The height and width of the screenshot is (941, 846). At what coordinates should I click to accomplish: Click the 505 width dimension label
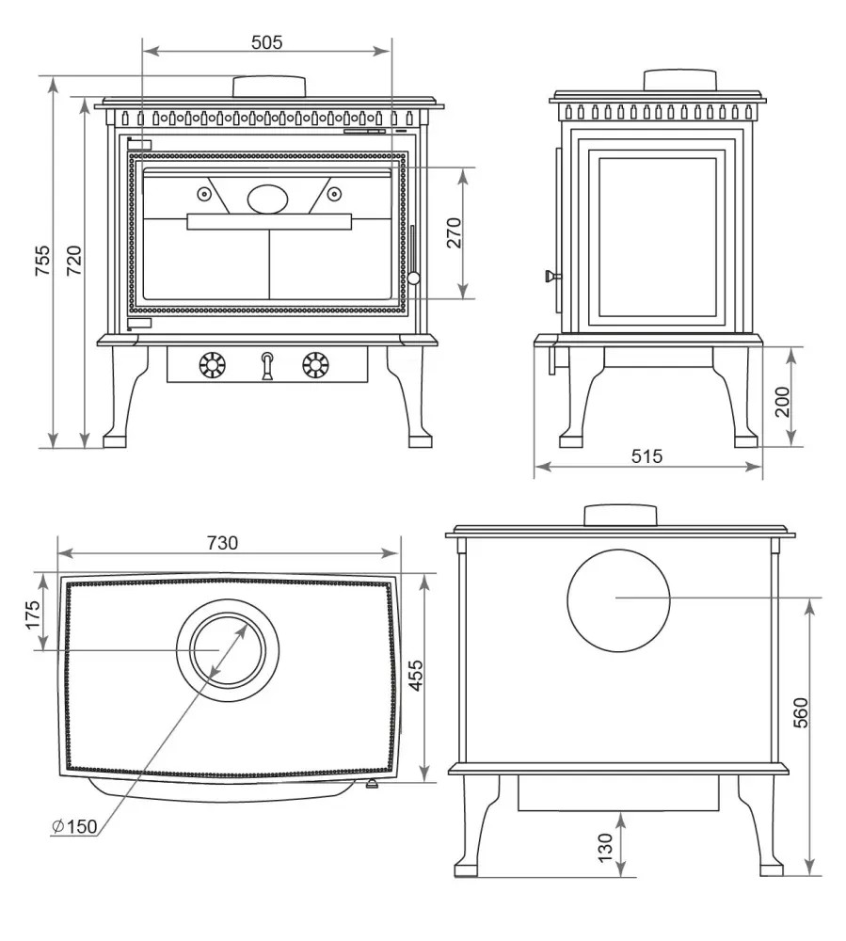click(x=266, y=41)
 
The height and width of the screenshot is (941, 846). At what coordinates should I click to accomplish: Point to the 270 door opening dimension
click(x=455, y=232)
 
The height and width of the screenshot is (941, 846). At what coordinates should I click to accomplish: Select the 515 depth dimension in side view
click(x=646, y=456)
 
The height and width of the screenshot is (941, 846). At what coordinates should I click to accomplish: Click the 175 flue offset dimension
click(x=33, y=615)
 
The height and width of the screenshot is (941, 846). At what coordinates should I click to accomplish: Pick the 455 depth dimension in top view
click(x=417, y=676)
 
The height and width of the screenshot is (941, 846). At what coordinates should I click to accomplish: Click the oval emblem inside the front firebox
click(x=269, y=199)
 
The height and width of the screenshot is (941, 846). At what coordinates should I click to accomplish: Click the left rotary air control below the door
click(x=214, y=364)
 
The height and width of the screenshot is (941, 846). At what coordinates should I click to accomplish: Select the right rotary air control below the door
click(x=316, y=364)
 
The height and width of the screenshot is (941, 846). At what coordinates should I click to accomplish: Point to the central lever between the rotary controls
click(x=267, y=365)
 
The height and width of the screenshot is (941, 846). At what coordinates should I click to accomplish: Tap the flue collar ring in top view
click(x=226, y=649)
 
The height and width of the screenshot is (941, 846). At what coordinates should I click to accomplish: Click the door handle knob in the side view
click(x=550, y=276)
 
